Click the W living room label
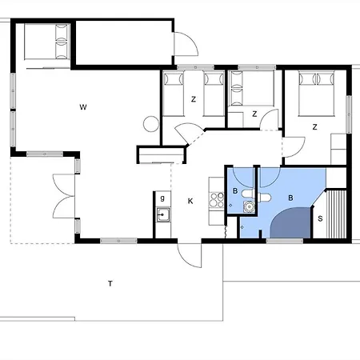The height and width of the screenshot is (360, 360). pos(83,107)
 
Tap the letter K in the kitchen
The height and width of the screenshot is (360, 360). pos(190,201)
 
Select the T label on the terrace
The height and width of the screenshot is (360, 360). pos(110,283)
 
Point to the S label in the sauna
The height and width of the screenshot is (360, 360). pos(320,218)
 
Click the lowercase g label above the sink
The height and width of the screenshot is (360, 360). pos(162,198)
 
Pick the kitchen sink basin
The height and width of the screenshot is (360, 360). pos(162,214)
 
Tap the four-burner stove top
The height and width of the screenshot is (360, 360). pos(217,200)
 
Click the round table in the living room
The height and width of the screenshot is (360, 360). pos(151,124)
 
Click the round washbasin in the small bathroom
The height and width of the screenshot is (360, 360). pos(249,206)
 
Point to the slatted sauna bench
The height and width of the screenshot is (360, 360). pos(336,214)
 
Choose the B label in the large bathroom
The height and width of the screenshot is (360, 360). pos(290,198)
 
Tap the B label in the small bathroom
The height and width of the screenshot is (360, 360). pos(235,191)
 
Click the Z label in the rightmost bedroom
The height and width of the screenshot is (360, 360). pos(314,127)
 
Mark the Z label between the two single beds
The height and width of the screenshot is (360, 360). pos(194,99)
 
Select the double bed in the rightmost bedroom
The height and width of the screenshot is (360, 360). pos(316,94)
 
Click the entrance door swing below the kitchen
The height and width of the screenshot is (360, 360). pos(189,255)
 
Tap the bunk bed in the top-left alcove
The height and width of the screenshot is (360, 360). pos(47,42)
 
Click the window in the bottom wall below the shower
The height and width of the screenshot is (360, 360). pos(285,241)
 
